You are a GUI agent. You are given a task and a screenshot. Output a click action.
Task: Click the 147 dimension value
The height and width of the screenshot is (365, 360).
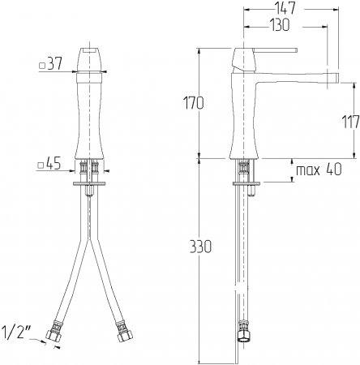285,8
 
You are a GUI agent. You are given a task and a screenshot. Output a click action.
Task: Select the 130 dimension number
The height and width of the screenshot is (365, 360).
280,25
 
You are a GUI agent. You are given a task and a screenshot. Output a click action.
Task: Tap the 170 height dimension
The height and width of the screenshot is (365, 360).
194,103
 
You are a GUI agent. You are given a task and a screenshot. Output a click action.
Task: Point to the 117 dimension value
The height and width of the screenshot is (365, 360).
350,122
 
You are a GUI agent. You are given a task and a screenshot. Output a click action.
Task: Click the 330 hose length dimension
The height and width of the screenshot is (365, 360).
200,247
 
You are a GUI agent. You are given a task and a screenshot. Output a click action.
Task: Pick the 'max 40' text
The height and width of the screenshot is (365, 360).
319,170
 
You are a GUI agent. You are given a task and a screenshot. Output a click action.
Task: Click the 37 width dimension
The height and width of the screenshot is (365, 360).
55,64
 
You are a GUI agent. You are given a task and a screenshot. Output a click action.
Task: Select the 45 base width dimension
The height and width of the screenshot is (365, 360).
54,164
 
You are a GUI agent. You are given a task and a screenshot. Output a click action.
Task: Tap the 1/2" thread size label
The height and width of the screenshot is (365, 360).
16,332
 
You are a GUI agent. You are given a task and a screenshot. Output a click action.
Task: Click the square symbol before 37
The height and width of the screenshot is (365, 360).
42,66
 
